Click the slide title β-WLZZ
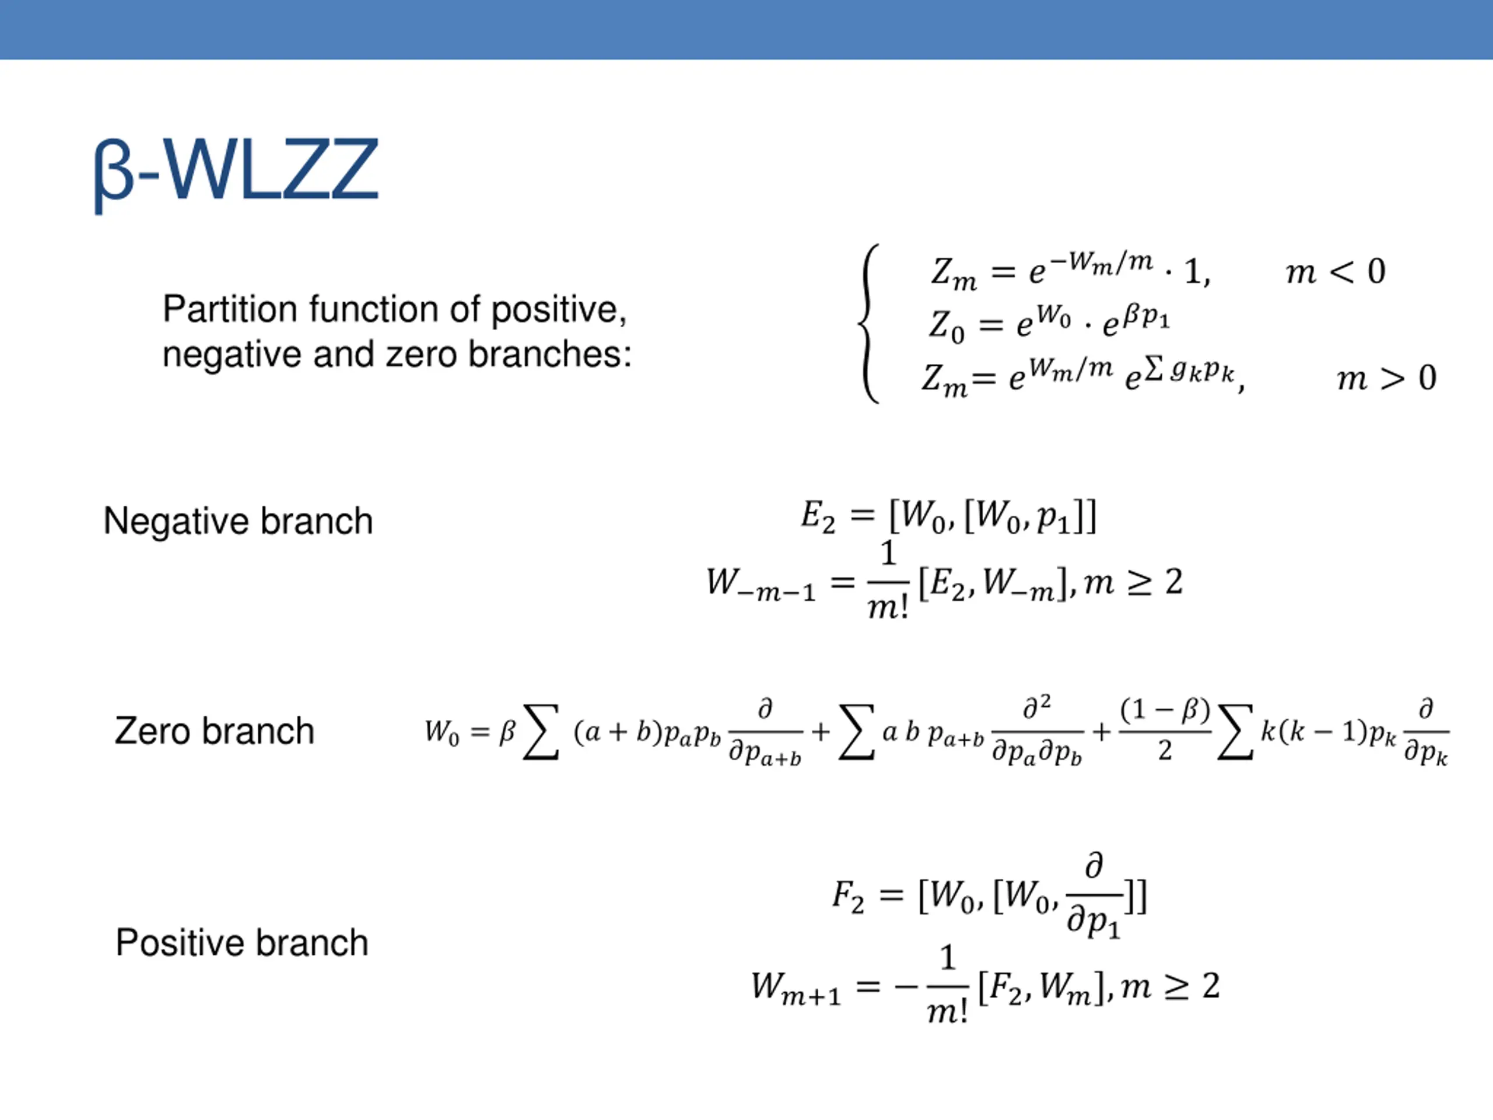(x=236, y=170)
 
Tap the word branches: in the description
(x=549, y=355)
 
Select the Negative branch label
(x=239, y=521)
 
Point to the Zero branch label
(x=215, y=731)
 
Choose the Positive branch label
(x=241, y=943)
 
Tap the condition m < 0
(x=1335, y=272)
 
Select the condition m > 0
(x=1386, y=378)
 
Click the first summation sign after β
(x=541, y=733)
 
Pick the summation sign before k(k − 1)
(x=1235, y=733)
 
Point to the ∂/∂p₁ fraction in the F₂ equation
(x=1094, y=897)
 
